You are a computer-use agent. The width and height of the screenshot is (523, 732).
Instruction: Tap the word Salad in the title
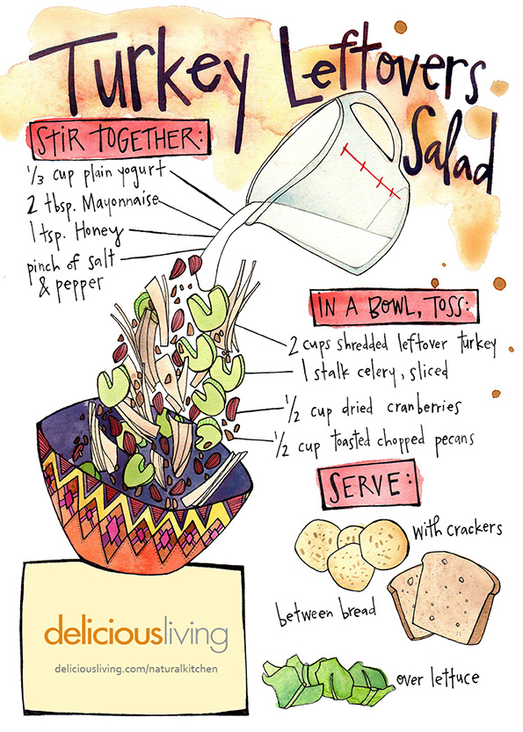point(449,149)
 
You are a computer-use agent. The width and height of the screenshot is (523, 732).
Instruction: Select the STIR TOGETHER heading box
point(120,139)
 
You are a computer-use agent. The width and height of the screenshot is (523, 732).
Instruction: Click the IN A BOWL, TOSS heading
point(395,308)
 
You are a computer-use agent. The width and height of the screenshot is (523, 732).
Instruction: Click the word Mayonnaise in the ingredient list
point(120,205)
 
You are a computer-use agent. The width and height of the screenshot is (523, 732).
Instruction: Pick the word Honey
point(99,232)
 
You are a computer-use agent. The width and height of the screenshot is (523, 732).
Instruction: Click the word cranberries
point(424,408)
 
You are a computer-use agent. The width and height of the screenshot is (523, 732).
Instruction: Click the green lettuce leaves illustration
point(327,681)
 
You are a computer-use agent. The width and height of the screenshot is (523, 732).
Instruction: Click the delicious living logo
point(136,630)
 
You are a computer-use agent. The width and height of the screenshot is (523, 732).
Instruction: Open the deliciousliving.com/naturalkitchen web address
point(136,669)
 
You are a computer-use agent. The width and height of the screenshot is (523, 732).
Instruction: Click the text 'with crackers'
point(457,529)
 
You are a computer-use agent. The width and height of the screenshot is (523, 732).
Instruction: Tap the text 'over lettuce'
point(437,679)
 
